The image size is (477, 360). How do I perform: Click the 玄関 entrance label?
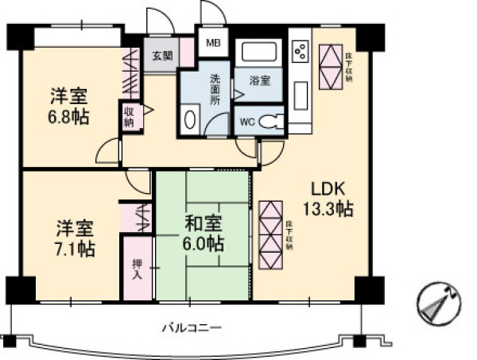pyautogui.click(x=162, y=56)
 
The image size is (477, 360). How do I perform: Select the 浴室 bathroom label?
pyautogui.click(x=259, y=80)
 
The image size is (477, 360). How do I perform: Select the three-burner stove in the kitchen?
pyautogui.click(x=301, y=51)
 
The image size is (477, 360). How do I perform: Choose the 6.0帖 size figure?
pyautogui.click(x=204, y=244)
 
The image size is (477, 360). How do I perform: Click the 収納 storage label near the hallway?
pyautogui.click(x=129, y=116)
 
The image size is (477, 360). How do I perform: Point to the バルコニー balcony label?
pyautogui.click(x=191, y=327)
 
